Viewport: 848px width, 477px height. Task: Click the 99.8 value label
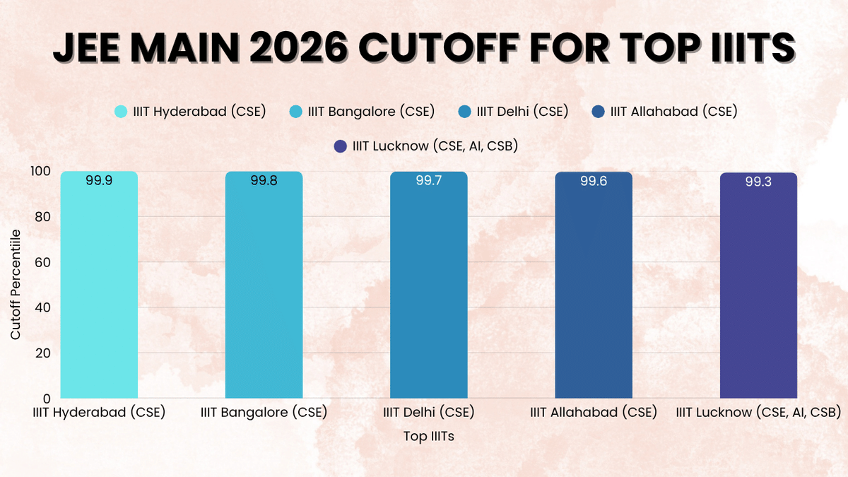pos(264,180)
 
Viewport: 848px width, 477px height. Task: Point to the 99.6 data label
pos(594,181)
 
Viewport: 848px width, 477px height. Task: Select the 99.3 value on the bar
pos(758,182)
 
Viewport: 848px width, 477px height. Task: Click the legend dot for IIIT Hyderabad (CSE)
pos(121,112)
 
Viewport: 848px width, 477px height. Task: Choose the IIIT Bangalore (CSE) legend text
pos(371,112)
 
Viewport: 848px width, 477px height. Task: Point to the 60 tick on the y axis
pos(44,262)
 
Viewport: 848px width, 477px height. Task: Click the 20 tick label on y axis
pos(44,353)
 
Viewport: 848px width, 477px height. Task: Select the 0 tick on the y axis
pos(47,399)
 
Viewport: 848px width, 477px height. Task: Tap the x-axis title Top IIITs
pos(428,436)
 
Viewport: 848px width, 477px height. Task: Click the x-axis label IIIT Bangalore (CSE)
pos(264,412)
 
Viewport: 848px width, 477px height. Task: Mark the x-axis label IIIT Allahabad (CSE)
pos(594,412)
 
